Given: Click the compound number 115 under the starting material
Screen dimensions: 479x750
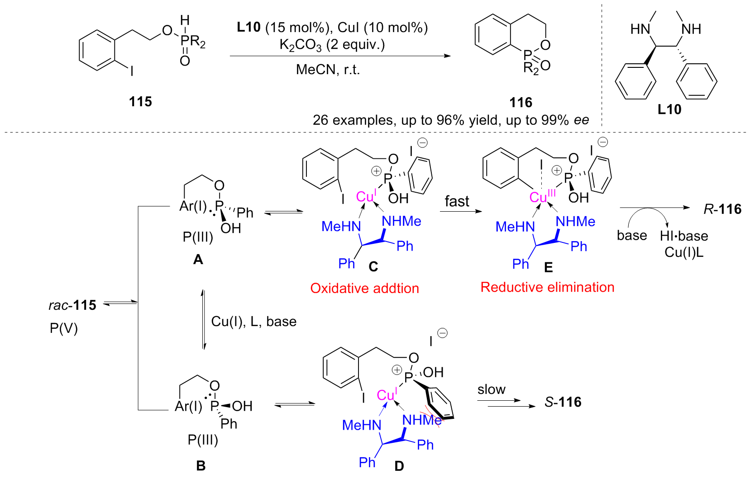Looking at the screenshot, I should pos(140,101).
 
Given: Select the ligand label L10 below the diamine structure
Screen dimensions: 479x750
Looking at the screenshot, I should pos(669,109).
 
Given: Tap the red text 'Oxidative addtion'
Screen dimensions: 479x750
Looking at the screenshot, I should pos(364,288).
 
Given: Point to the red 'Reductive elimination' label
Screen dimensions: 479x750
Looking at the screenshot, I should pos(547,287).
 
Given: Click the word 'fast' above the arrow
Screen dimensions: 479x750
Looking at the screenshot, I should pos(457,201).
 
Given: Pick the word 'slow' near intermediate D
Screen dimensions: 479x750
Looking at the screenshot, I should pos(491,389).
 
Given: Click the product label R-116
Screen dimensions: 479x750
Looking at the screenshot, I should pos(722,209).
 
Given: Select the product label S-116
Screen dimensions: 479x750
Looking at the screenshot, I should pos(563,402).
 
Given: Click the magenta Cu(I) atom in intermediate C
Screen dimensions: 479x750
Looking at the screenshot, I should pos(366,196).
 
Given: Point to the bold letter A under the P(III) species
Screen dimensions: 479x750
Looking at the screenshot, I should pos(198,259).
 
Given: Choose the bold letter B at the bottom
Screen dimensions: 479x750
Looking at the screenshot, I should pos(201,465).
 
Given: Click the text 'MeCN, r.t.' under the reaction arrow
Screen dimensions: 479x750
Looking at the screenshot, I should pos(328,70).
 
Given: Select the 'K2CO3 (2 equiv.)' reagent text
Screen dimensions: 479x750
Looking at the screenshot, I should pos(332,45).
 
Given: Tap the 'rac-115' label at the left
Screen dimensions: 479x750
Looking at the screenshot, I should pos(72,305).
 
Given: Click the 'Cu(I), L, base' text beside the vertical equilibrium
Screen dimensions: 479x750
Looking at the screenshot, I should pos(253,322).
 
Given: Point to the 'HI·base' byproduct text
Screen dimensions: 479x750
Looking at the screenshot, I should pos(683,236).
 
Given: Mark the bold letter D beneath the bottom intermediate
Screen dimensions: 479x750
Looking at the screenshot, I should pos(399,466).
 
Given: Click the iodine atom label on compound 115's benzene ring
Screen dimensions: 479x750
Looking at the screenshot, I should pos(132,71).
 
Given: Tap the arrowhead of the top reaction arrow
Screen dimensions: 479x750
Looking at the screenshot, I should pos(448,56).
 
